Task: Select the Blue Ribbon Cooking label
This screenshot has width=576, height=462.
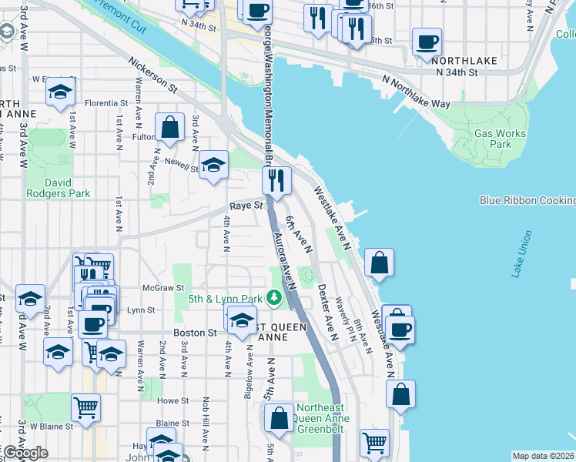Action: pos(527,200)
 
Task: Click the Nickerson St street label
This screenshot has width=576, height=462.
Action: pos(152,77)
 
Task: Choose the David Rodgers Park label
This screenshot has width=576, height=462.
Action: pos(58,187)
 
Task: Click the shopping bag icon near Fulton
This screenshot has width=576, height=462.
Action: pos(169,128)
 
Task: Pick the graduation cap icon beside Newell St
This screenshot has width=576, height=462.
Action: pos(213,164)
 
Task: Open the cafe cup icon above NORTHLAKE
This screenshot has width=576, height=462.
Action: pos(427,42)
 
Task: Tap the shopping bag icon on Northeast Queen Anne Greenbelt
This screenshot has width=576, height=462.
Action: pos(280,418)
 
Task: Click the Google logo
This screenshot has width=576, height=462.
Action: pos(25,453)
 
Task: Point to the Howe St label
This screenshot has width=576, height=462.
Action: pos(172,401)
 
